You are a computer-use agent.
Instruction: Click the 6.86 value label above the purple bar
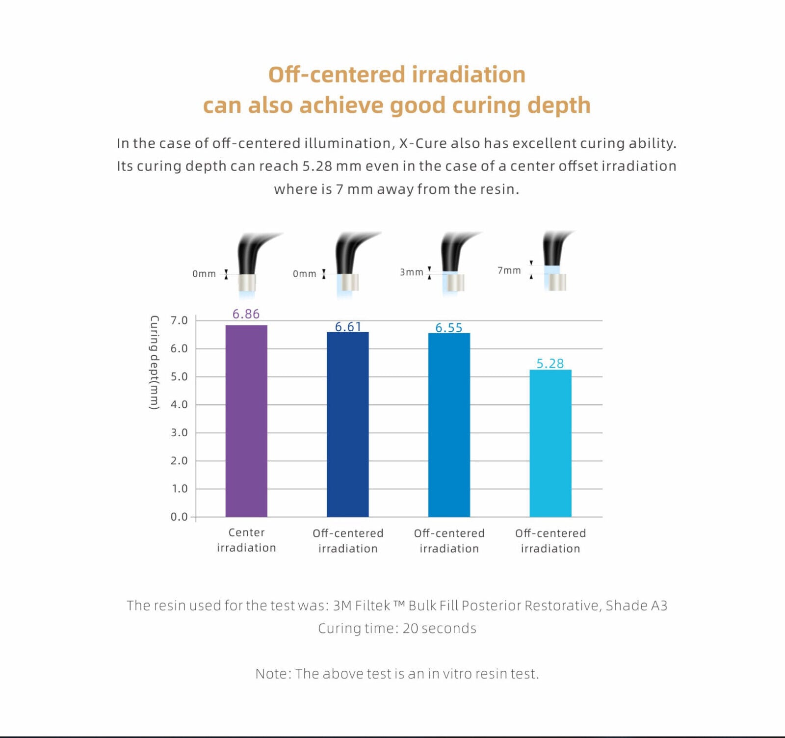point(246,314)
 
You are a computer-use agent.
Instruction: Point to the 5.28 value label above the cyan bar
point(550,364)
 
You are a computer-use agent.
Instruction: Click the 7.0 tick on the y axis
point(179,320)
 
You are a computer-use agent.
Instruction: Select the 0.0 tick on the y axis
point(179,517)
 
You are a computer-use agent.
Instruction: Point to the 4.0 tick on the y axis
point(179,405)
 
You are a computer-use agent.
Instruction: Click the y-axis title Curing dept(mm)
point(154,363)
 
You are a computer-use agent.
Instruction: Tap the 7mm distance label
point(509,270)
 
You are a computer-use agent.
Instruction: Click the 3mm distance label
point(411,272)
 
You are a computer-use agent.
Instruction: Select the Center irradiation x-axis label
point(246,540)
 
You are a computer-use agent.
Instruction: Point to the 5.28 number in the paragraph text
point(317,166)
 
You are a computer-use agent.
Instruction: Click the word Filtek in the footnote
point(373,606)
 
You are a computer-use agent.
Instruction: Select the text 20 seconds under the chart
point(439,629)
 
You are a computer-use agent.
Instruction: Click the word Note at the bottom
point(273,674)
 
